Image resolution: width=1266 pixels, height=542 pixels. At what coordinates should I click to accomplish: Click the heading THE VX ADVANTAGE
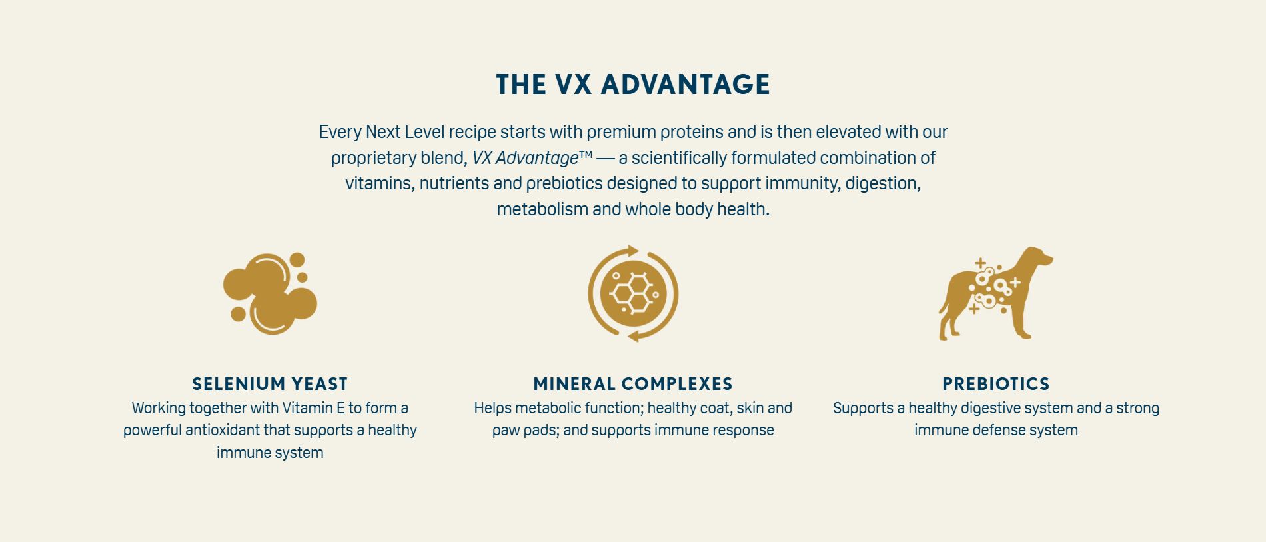(x=633, y=85)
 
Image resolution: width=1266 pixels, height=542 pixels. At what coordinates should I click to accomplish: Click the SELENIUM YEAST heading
(x=270, y=384)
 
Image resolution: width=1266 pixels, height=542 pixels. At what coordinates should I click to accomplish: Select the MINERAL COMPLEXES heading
(x=633, y=384)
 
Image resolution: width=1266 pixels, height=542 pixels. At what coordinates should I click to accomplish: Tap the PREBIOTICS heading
(x=996, y=384)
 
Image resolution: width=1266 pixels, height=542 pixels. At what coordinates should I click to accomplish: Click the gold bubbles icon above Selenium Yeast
(x=270, y=293)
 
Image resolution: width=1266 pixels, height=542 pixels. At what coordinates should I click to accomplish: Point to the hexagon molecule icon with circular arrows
(x=633, y=293)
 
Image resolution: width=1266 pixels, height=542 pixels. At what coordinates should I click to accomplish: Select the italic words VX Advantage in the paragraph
(x=525, y=158)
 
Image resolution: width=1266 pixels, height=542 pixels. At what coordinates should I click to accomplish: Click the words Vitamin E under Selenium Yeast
(x=313, y=408)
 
